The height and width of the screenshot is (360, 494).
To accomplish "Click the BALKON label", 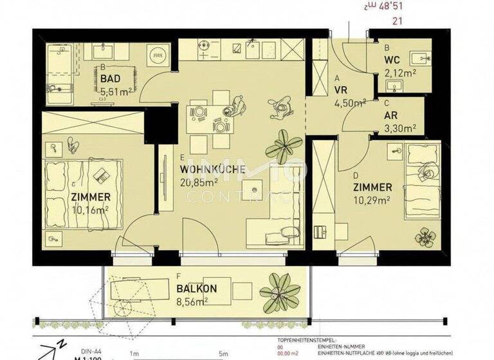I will click(x=196, y=289).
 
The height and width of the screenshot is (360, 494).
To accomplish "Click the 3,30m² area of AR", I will click(x=400, y=127).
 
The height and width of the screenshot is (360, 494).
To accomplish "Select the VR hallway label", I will click(x=342, y=91).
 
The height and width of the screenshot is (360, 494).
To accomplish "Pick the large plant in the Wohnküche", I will click(x=280, y=147).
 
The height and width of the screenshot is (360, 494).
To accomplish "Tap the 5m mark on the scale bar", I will click(x=223, y=353).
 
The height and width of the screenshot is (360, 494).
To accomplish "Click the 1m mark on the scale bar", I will click(x=134, y=353).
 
